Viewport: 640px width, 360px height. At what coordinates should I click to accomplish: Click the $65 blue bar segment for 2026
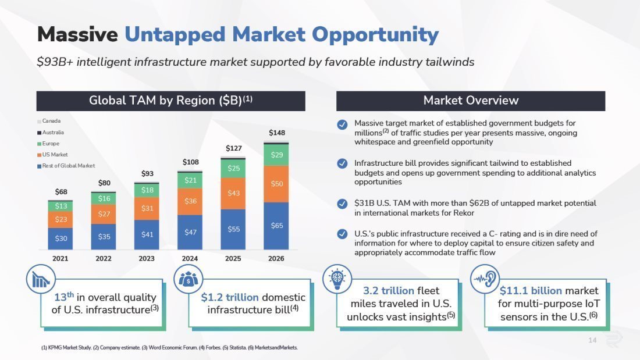276,226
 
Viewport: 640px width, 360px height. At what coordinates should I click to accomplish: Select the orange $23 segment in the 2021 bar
61,219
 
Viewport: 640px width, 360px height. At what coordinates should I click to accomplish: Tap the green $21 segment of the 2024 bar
190,180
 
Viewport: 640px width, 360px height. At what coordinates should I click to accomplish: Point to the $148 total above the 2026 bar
277,133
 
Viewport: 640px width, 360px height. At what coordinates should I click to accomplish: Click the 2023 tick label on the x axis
147,258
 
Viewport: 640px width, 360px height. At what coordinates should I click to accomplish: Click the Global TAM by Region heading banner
170,101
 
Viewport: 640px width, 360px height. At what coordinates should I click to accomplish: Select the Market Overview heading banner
470,101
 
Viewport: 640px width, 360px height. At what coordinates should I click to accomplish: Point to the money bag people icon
188,279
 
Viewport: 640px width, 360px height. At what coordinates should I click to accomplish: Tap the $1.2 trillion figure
230,297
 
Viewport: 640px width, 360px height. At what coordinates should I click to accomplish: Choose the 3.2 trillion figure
389,290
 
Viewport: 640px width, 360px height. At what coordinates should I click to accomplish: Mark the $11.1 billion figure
531,290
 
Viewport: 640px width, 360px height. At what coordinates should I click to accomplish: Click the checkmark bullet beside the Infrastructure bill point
343,163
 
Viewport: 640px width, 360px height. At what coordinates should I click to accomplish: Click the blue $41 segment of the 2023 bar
147,234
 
